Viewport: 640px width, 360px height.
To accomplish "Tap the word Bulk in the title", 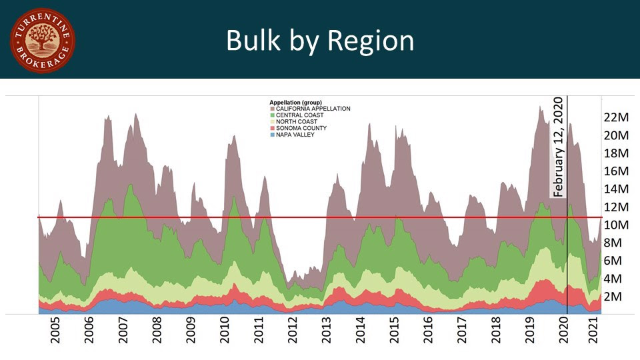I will (257, 41).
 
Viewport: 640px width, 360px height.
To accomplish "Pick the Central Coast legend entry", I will (299, 115).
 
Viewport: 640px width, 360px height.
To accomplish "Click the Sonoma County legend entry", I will (301, 128).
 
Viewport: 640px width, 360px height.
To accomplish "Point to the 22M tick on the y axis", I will (617, 117).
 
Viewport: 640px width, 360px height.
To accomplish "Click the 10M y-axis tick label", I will (617, 225).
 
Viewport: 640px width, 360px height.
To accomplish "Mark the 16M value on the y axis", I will (617, 171).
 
